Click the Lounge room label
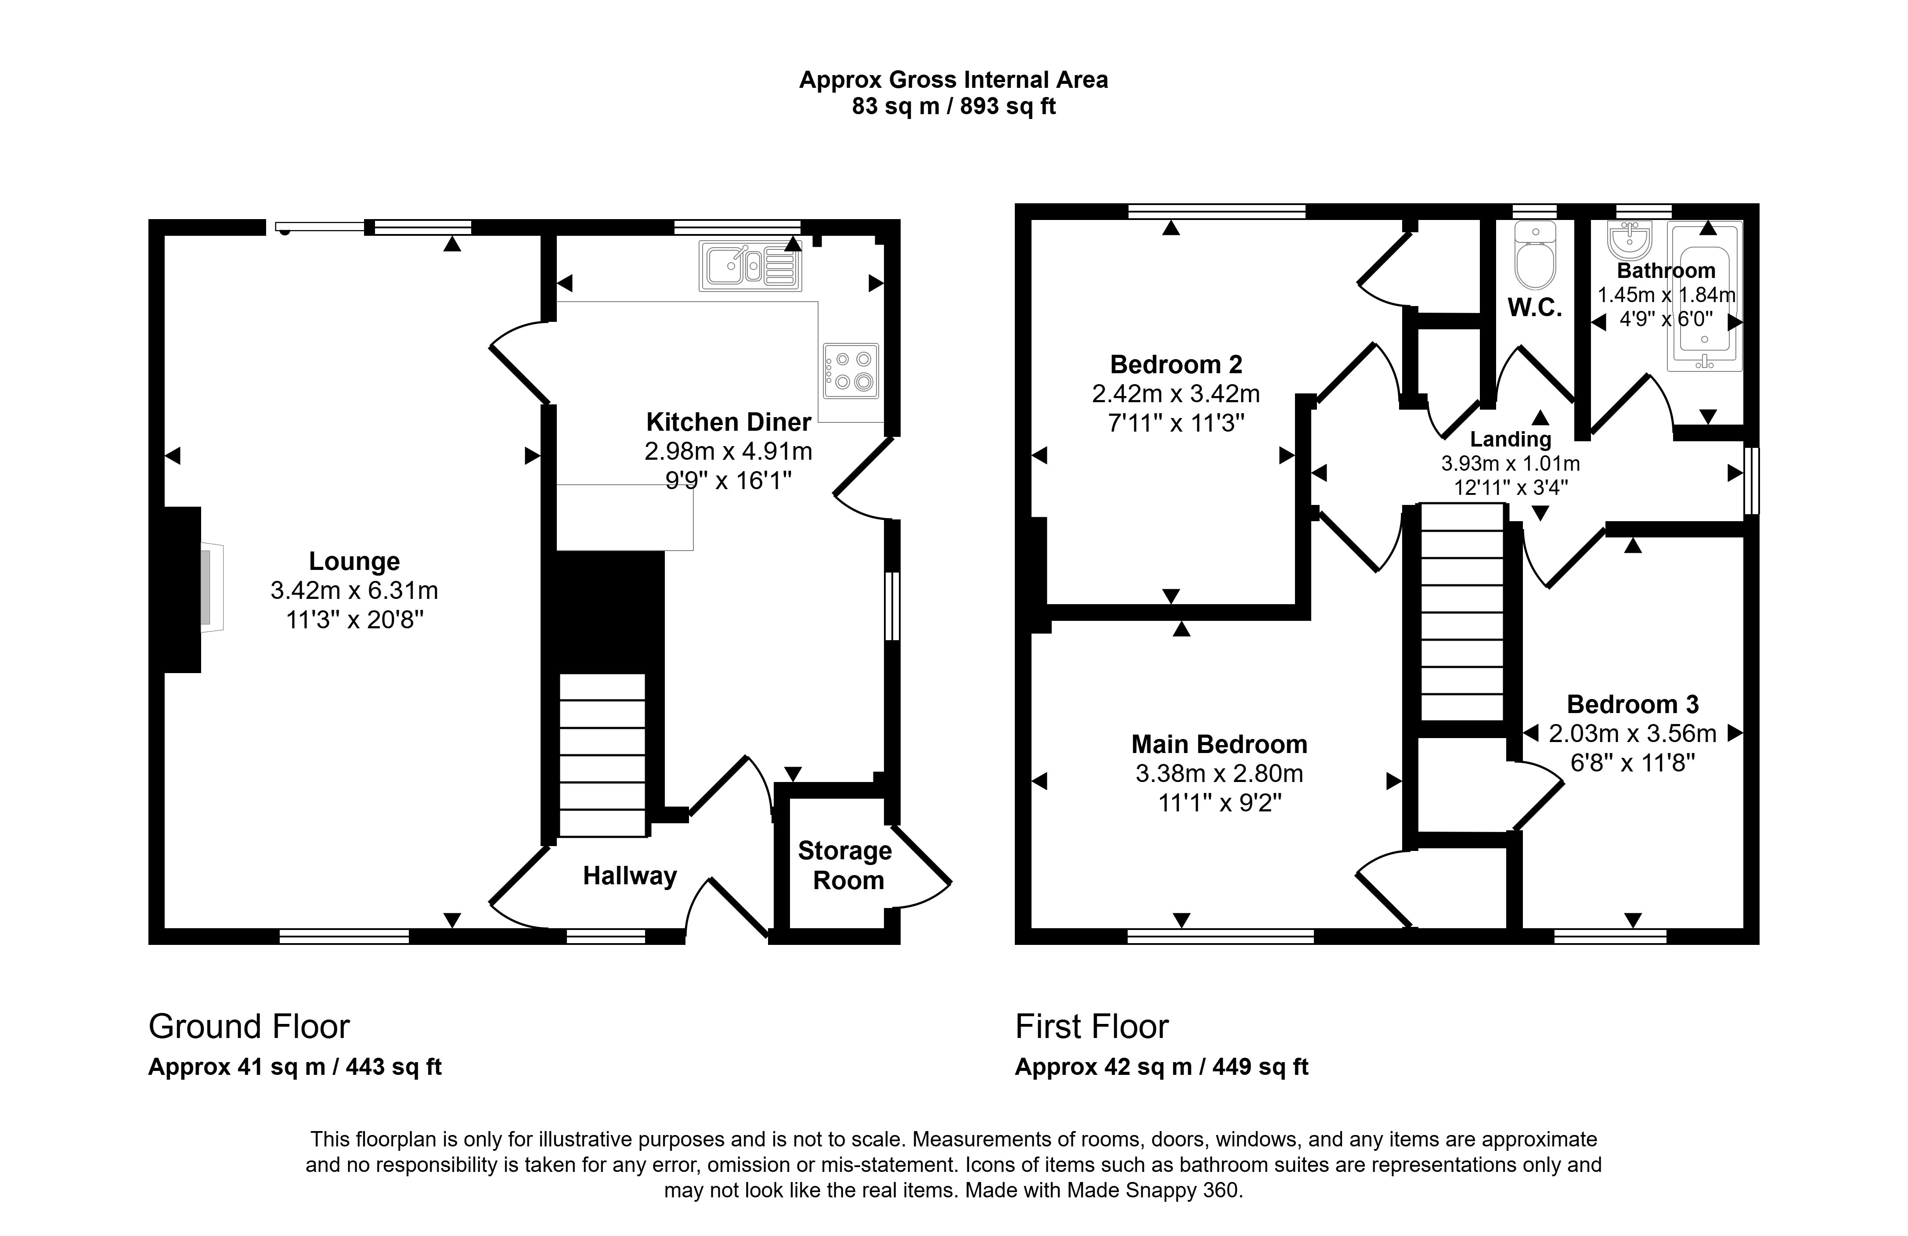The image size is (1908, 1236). pyautogui.click(x=354, y=561)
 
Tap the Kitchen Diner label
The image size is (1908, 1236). pyautogui.click(x=729, y=422)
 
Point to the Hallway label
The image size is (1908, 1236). pyautogui.click(x=630, y=876)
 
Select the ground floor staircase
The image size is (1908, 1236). pyautogui.click(x=602, y=755)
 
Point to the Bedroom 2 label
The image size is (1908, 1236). pyautogui.click(x=1176, y=365)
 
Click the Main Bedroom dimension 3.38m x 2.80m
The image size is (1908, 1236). pyautogui.click(x=1219, y=774)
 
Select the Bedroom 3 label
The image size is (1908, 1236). pyautogui.click(x=1633, y=705)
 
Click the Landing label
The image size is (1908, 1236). pyautogui.click(x=1510, y=439)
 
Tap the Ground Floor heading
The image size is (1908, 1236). pyautogui.click(x=249, y=1027)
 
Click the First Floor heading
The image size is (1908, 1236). pyautogui.click(x=1092, y=1027)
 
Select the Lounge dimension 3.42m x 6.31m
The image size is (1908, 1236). pyautogui.click(x=354, y=591)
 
